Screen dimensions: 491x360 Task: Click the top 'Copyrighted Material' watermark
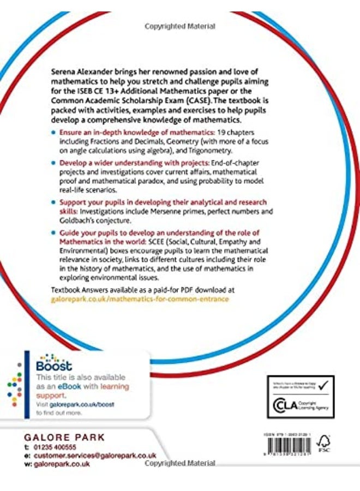pyautogui.click(x=180, y=26)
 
